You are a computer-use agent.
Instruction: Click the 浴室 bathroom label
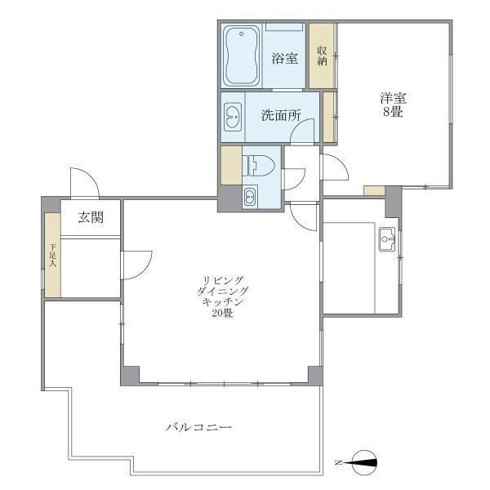click(x=284, y=59)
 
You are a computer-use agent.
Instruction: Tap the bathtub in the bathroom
click(x=241, y=56)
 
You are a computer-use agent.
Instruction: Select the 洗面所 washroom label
click(x=281, y=116)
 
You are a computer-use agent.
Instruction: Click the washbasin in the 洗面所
click(x=233, y=117)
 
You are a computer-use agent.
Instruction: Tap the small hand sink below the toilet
click(x=251, y=196)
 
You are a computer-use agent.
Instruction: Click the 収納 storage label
click(x=323, y=56)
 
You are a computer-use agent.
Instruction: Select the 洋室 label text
click(x=393, y=99)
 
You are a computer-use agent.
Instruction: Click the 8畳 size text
click(x=393, y=112)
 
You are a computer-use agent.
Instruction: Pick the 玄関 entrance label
click(x=91, y=217)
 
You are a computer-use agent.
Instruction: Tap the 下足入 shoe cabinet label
click(x=52, y=255)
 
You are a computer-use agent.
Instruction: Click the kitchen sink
click(x=387, y=239)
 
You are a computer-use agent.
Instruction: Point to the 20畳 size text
click(x=222, y=313)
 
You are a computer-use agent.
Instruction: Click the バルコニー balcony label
click(x=198, y=427)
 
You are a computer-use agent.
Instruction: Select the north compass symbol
click(x=364, y=462)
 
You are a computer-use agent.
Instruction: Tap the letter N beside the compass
click(x=337, y=463)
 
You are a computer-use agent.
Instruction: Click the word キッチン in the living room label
click(x=222, y=302)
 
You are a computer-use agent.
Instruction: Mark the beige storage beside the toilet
click(x=231, y=165)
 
